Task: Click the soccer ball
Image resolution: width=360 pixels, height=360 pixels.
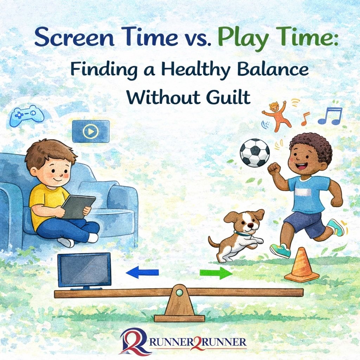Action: point(255,153)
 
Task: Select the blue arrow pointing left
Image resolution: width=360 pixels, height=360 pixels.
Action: point(142,272)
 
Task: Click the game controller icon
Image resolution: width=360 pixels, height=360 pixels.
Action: point(27,115)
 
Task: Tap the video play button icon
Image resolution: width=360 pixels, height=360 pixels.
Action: point(91,131)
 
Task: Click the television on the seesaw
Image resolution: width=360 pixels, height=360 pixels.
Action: point(84,270)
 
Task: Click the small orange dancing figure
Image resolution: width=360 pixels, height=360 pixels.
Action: point(277,114)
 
